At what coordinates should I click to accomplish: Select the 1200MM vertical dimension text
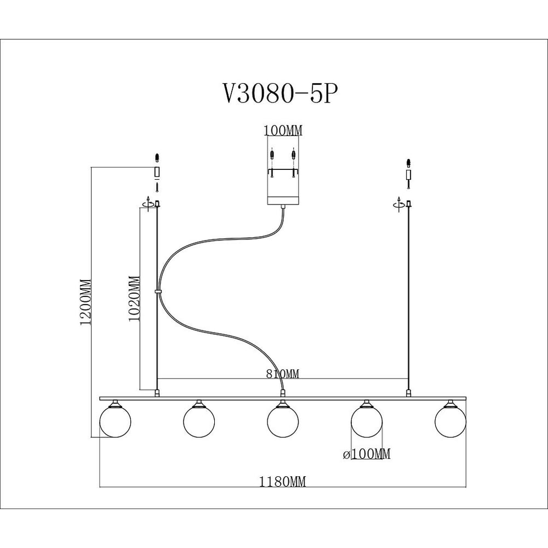point(85,302)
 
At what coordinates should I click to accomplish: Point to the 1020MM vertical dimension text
point(134,299)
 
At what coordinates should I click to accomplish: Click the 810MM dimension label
point(283,374)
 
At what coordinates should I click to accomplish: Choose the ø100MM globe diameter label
point(366,454)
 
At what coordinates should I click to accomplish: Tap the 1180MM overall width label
point(282,482)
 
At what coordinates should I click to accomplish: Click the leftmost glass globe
point(115,421)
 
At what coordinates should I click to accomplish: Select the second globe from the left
point(199,421)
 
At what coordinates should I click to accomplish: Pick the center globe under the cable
point(283,421)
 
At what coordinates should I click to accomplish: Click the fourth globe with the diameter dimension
point(367,421)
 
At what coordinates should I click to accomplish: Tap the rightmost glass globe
point(450,421)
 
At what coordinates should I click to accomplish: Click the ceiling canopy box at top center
point(283,170)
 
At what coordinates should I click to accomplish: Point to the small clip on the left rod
point(158,291)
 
